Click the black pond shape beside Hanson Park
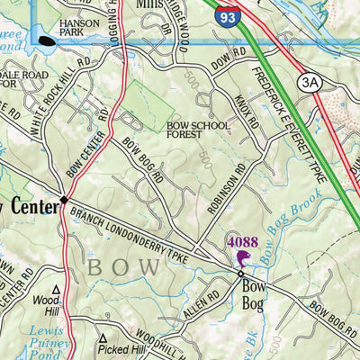coord(48,40)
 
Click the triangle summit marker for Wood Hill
coord(56,290)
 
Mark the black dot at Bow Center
coord(64,199)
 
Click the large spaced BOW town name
coord(130,267)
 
